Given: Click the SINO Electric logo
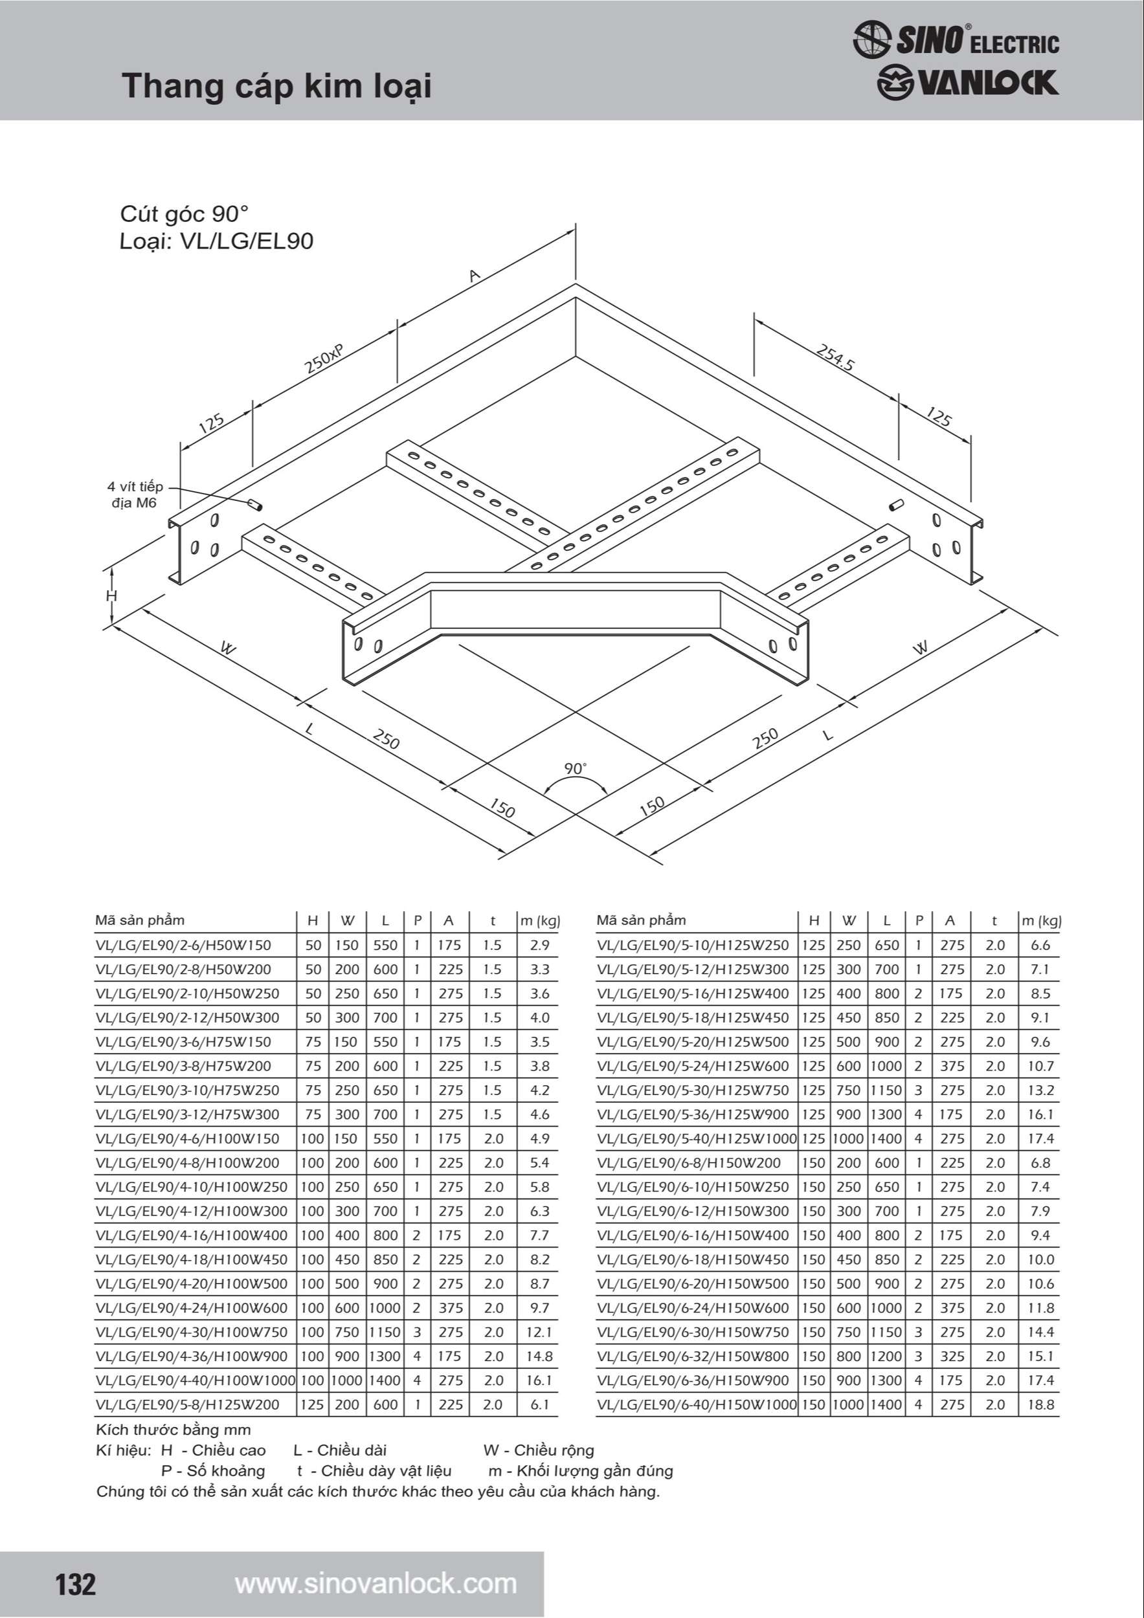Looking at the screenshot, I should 955,39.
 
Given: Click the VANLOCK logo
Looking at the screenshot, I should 967,83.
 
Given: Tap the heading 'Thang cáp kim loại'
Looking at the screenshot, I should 276,86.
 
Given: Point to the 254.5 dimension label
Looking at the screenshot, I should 835,357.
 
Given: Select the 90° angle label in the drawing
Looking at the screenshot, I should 575,768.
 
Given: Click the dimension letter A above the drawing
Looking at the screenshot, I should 475,276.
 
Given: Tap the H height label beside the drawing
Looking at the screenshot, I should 111,596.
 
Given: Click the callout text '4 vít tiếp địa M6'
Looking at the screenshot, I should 135,494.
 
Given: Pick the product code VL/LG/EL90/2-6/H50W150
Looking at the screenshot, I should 183,945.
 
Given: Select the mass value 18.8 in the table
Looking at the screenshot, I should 1040,1404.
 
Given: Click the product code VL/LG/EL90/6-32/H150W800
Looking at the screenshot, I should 693,1356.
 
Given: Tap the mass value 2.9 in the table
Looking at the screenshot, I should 539,945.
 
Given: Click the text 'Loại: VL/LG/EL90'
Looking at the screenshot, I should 216,241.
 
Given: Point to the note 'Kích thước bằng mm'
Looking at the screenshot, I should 174,1430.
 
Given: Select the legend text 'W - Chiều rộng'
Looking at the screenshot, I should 539,1450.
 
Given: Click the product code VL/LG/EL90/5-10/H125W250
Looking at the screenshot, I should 693,945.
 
